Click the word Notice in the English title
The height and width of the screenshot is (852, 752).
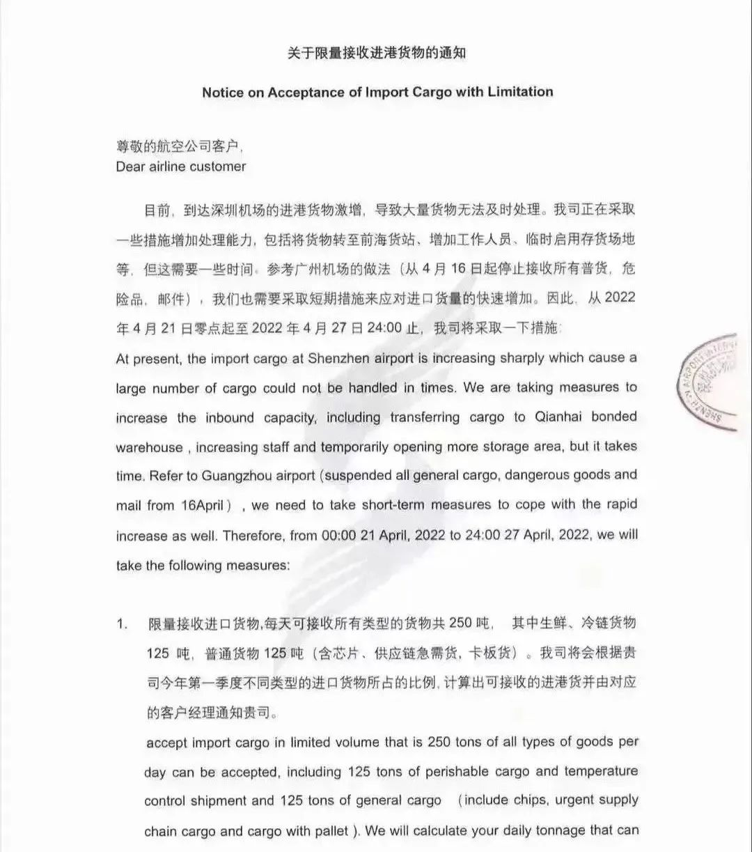[224, 92]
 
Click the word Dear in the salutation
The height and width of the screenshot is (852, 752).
[130, 166]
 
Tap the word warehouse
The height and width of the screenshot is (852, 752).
[149, 447]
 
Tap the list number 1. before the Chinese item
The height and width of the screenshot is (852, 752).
[122, 624]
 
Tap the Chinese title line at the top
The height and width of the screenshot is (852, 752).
[377, 54]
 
